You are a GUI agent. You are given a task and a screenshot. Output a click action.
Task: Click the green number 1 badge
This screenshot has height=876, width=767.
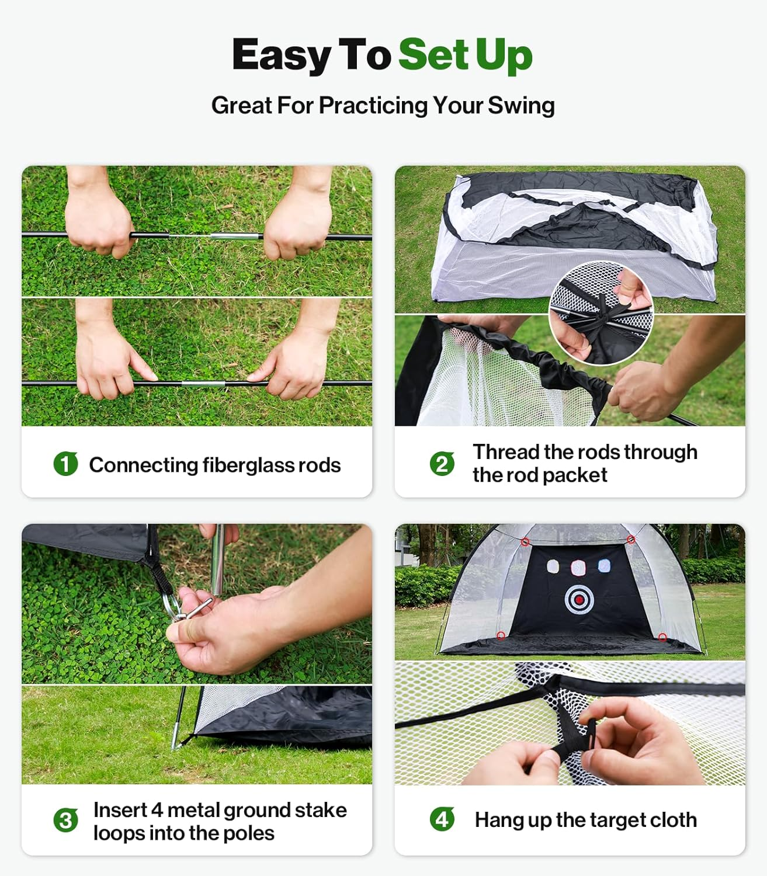[65, 464]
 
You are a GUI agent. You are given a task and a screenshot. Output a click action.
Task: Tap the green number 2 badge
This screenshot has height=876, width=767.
[442, 464]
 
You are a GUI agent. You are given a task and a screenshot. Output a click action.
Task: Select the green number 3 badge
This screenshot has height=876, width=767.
[65, 821]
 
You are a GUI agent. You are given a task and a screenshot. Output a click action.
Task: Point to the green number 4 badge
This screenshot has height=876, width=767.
[442, 819]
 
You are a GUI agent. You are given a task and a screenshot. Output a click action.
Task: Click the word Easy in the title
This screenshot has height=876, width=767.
[282, 55]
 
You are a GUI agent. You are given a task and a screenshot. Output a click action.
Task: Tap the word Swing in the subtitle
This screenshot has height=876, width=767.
[521, 106]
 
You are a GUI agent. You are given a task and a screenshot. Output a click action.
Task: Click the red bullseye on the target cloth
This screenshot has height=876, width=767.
[579, 599]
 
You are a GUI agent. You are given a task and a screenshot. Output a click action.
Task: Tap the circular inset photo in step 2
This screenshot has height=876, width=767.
[601, 313]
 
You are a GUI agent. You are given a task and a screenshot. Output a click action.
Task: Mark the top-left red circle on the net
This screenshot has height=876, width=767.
[525, 543]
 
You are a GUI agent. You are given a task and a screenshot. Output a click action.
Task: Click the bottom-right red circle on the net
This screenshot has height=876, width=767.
[662, 637]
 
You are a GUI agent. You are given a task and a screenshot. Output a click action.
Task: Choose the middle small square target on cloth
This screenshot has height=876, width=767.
[578, 566]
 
